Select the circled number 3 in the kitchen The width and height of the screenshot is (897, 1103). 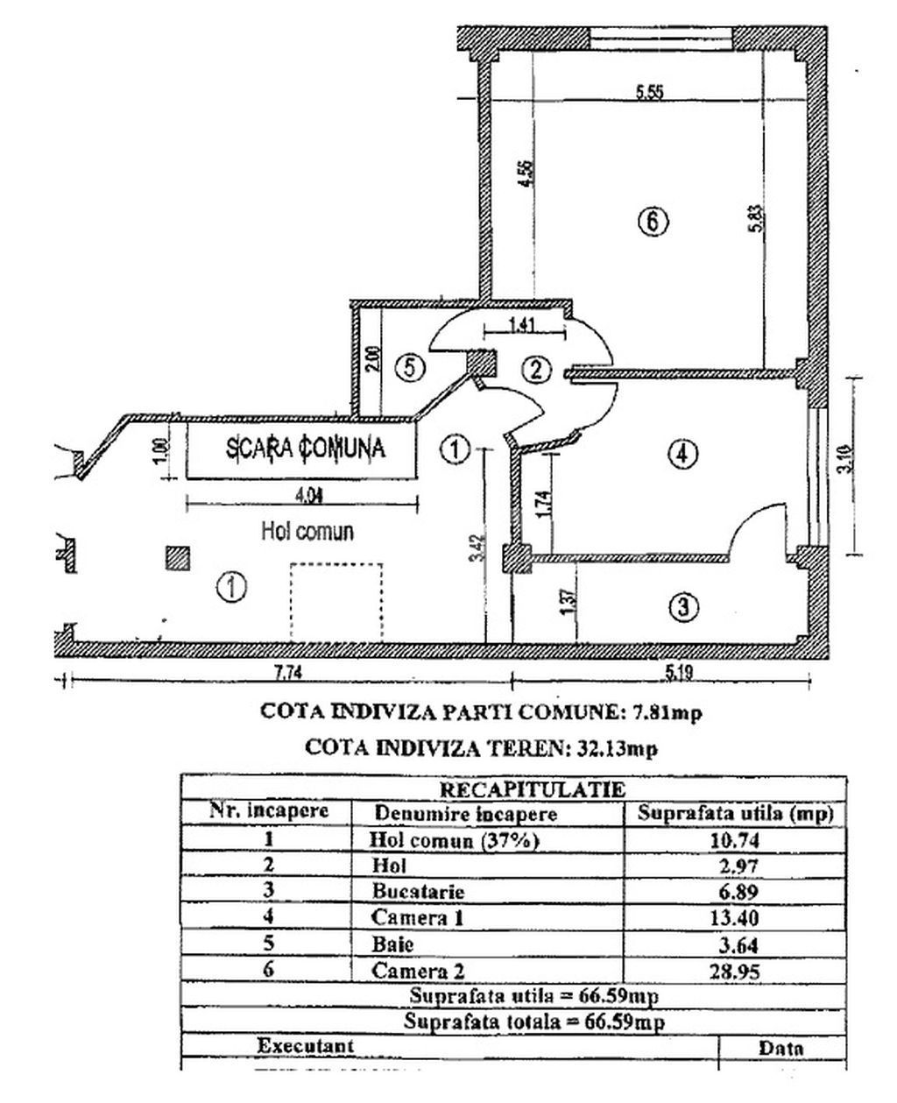point(683,606)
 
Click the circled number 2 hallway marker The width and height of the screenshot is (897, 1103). point(538,370)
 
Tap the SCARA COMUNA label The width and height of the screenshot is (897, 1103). point(306,449)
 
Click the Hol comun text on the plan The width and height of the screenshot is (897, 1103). point(307,531)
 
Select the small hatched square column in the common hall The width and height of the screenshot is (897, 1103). point(178,558)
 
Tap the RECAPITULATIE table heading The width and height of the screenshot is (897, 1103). point(513,788)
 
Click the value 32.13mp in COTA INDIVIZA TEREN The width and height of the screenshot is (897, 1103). point(614,747)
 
